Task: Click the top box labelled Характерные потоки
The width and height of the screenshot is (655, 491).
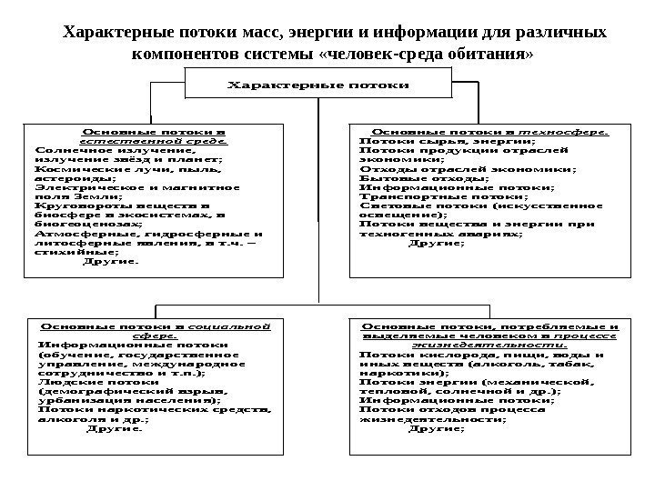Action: [317, 85]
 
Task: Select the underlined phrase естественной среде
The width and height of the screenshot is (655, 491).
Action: [154, 143]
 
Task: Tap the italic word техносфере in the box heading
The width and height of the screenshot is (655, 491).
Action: [571, 131]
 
